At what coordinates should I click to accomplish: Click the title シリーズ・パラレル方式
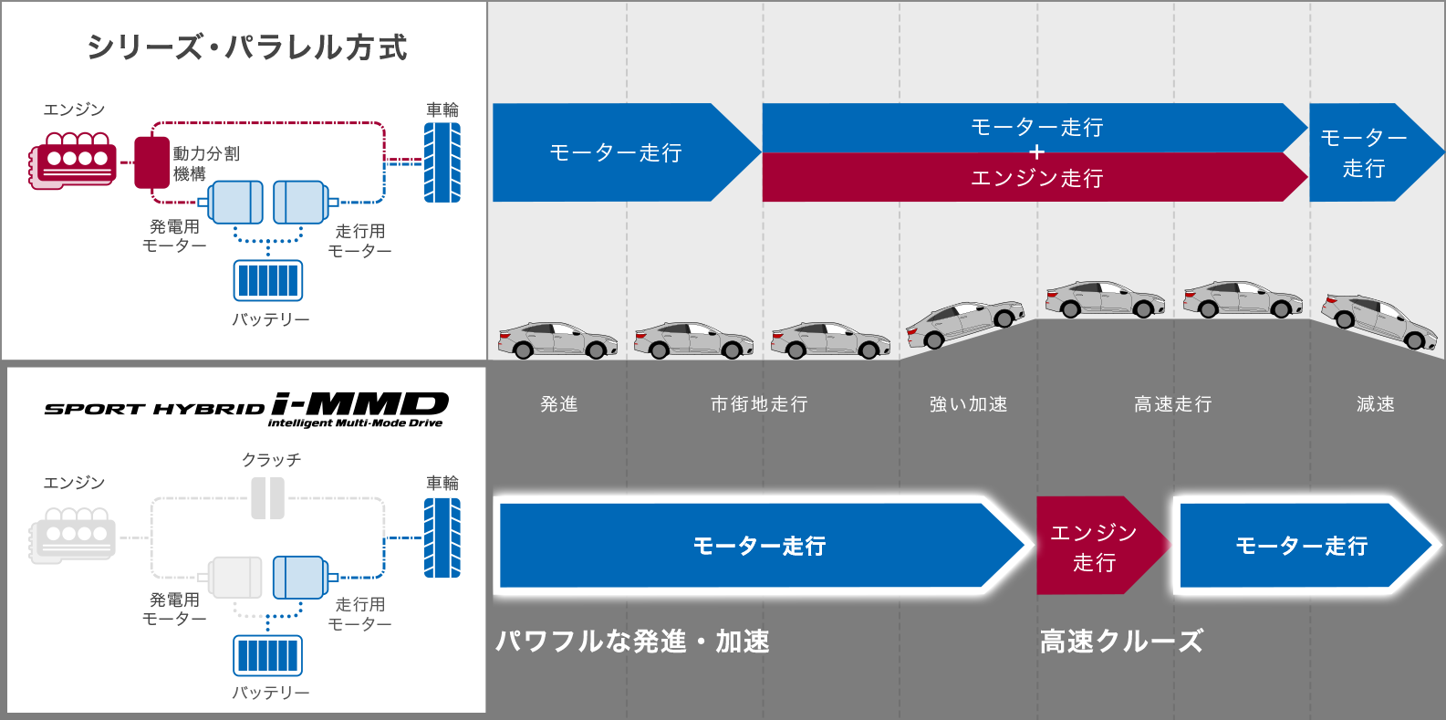[246, 47]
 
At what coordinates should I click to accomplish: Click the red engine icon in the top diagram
[73, 161]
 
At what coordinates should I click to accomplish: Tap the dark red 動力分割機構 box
[152, 162]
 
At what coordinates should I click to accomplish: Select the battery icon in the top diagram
[267, 280]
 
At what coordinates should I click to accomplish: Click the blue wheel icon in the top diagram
[442, 162]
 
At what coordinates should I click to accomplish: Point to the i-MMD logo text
[359, 404]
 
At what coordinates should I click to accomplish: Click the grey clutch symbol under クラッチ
[268, 497]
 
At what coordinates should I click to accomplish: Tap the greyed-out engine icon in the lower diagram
[73, 536]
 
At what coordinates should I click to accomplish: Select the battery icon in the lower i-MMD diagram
[267, 655]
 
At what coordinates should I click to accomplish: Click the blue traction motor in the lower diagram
[300, 577]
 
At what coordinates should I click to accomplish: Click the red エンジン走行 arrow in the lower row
[1095, 546]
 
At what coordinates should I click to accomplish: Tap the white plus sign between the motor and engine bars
[1036, 152]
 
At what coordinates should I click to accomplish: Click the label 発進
[559, 404]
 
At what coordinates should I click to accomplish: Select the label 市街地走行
[759, 404]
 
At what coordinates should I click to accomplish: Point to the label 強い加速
[968, 404]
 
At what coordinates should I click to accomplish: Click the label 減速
[1375, 404]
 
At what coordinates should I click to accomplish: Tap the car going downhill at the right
[1378, 320]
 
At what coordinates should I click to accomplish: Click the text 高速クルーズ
[1121, 642]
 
